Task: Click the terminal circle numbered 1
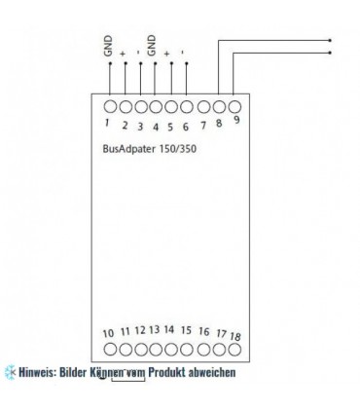(109, 105)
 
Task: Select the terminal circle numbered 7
(202, 105)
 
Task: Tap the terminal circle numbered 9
(234, 105)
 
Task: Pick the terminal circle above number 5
(171, 105)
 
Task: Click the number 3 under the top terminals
(140, 126)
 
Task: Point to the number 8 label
(220, 122)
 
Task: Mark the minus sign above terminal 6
(187, 53)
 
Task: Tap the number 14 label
(169, 331)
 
